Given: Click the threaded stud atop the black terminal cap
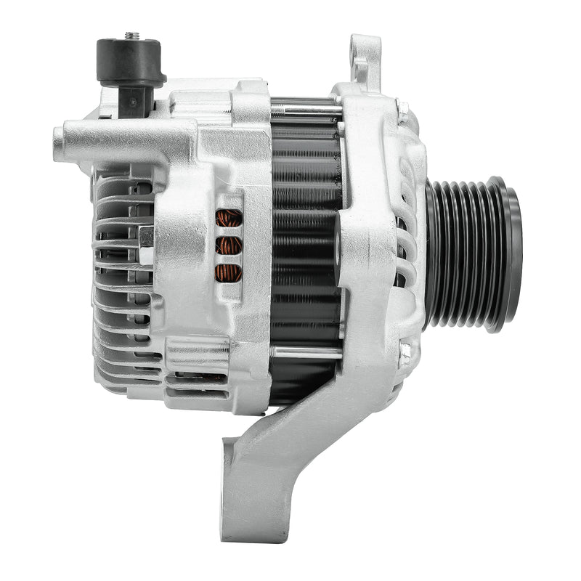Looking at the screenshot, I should (131, 35).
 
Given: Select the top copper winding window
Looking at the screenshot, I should (229, 218).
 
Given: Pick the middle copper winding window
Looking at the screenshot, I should (229, 245).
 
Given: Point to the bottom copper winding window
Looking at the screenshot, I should (229, 273).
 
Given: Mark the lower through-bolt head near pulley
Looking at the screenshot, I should (405, 354).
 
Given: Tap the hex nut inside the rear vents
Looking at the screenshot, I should (145, 236).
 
